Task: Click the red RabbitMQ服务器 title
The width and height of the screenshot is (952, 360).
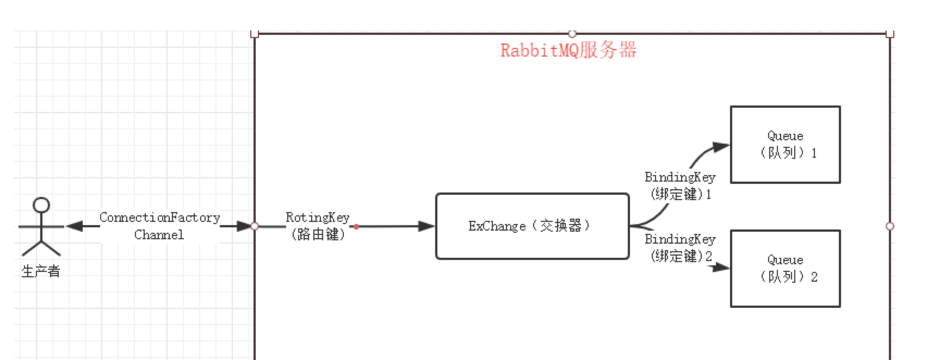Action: pos(568,51)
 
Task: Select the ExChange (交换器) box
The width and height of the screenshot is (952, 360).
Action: pos(532,226)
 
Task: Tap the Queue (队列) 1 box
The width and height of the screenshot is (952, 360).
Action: pos(785,145)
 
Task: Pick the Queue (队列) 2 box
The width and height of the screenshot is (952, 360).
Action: pos(785,269)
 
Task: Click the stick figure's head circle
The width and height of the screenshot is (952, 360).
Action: pos(41,205)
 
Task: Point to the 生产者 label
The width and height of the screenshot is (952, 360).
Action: pos(41,271)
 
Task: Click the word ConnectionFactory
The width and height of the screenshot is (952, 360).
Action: pos(159,218)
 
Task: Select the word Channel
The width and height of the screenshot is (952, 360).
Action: pos(159,235)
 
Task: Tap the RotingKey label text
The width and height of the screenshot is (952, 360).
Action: pos(318,218)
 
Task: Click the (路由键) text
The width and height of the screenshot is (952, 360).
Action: pos(318,235)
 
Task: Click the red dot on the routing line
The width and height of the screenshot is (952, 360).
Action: pos(356,227)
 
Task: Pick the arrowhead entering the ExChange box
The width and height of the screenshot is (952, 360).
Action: pos(426,226)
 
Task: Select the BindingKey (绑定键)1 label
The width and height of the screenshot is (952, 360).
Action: pos(680,185)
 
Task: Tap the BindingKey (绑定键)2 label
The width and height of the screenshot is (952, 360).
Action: pos(680,247)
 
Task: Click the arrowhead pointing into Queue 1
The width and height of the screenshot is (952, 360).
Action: pos(721,146)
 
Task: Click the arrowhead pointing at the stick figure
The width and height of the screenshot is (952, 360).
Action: pos(74,226)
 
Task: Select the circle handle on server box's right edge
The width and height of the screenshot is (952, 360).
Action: pos(890,226)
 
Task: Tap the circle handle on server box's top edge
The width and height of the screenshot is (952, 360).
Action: pos(572,34)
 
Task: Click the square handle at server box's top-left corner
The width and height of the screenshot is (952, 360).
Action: pos(255,34)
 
